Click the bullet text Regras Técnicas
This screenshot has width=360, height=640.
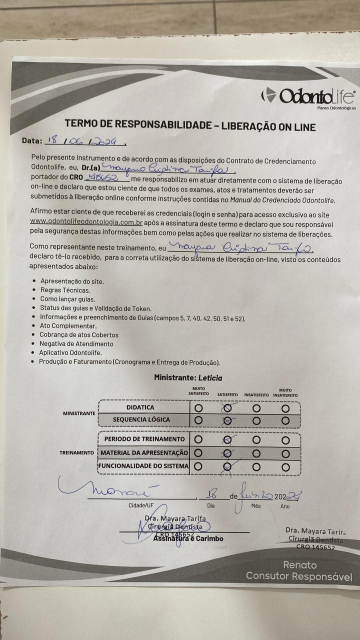[65, 290]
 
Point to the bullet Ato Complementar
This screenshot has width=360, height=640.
[68, 326]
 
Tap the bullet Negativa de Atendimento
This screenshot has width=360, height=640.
[76, 344]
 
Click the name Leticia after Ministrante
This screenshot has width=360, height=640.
[210, 378]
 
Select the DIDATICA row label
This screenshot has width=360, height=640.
[140, 407]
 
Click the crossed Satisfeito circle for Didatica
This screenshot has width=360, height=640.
[227, 408]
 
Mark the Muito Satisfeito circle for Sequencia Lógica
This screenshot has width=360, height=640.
[198, 420]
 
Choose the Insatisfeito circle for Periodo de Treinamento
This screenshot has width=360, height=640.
[256, 440]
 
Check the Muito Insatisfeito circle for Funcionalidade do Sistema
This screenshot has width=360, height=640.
[285, 466]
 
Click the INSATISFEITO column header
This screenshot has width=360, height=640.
[256, 395]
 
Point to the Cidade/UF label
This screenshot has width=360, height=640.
[141, 505]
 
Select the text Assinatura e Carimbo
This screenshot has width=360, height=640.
[188, 538]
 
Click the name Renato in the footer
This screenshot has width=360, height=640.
[300, 565]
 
